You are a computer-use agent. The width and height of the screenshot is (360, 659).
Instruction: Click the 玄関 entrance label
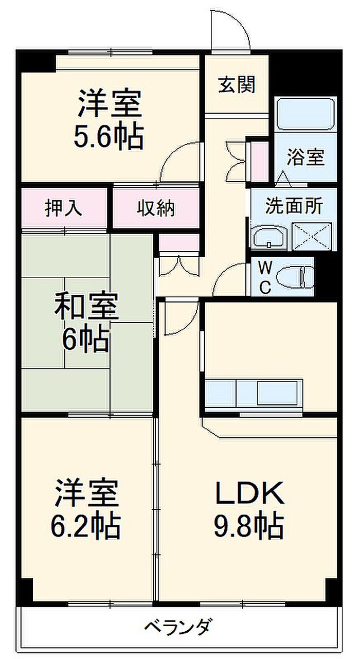(237, 85)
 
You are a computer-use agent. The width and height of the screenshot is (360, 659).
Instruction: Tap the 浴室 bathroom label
(306, 157)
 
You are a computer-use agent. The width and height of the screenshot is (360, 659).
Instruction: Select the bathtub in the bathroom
(306, 114)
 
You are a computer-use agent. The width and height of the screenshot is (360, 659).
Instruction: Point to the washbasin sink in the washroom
(269, 238)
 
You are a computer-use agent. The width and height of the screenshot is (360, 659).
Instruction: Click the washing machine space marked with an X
(312, 237)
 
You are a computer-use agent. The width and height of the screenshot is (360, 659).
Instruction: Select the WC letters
(265, 277)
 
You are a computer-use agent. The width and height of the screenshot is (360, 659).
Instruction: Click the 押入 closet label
(64, 208)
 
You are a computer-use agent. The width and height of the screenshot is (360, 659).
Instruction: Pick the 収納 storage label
(156, 208)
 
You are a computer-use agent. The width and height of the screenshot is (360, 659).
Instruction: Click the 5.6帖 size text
(109, 137)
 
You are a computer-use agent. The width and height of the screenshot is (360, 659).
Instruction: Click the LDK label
(250, 493)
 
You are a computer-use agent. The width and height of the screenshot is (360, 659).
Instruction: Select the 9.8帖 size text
(248, 526)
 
